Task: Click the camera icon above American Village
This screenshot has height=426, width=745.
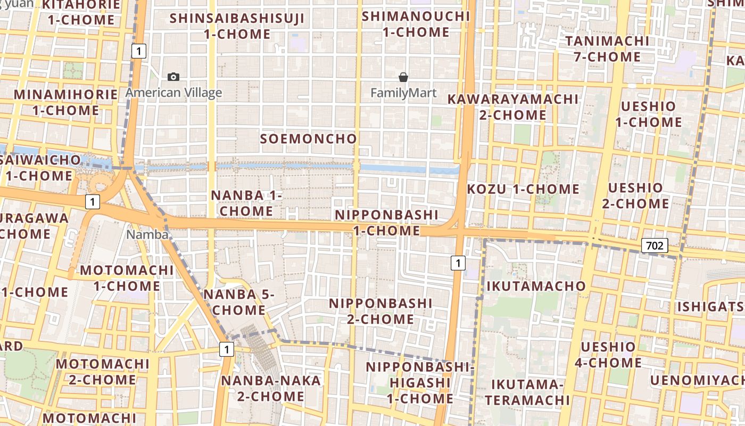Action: pos(173,77)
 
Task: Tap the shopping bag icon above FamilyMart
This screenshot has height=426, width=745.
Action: pos(403,77)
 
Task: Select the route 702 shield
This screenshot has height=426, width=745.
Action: pos(655,245)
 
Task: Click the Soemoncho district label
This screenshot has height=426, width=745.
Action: pos(309,139)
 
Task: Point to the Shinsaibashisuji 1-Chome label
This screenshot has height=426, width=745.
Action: pos(237,26)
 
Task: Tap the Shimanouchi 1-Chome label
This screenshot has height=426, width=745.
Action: pos(416,24)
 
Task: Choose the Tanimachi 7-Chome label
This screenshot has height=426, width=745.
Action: pos(607,48)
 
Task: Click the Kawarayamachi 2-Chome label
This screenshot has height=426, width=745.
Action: pos(513,107)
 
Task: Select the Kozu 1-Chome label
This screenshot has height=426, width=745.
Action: pos(523,189)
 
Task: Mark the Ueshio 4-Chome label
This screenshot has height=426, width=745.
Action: pos(608,355)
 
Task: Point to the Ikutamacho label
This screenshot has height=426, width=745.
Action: pos(536,286)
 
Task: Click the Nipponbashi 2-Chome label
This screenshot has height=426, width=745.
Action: pos(380,311)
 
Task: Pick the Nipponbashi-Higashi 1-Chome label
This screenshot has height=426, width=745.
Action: pos(419,382)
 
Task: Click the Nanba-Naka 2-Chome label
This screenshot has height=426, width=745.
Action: pos(271,388)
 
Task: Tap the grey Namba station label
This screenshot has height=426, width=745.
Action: pos(147,234)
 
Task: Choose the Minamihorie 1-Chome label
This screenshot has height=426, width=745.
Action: pos(65,103)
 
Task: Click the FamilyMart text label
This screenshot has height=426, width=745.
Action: pos(403,93)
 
